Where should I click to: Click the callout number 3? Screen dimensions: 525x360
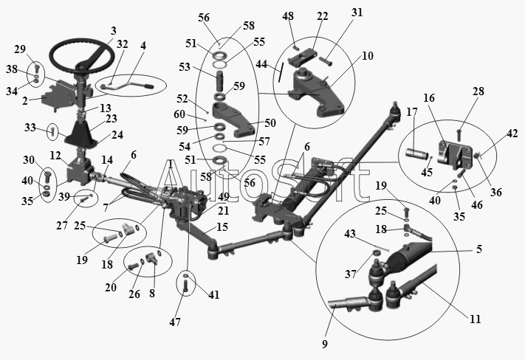click(114, 31)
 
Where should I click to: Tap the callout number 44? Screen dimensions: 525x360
click(261, 63)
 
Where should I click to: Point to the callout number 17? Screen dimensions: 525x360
click(412, 111)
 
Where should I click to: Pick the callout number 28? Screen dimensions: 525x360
click(478, 91)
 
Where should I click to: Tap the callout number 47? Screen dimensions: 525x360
click(175, 322)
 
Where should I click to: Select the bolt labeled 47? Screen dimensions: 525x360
click(186, 287)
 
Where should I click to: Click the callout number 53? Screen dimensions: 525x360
click(184, 67)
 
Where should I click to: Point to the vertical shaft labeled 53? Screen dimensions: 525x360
click(219, 81)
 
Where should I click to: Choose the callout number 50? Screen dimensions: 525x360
click(270, 122)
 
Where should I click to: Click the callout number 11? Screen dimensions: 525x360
click(475, 319)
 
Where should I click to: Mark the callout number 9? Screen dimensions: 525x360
click(325, 344)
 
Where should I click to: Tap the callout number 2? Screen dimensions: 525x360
click(25, 100)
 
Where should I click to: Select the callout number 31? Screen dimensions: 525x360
click(357, 13)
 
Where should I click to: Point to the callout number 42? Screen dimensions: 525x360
click(512, 134)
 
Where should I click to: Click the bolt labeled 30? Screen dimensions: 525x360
click(47, 176)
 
